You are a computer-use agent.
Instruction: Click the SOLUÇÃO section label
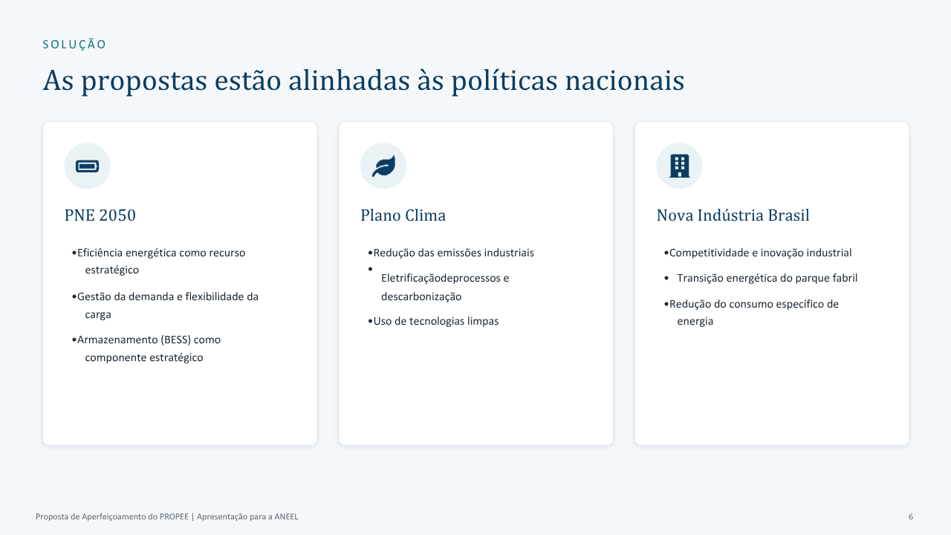coord(74,44)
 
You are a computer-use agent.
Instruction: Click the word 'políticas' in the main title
coord(504,81)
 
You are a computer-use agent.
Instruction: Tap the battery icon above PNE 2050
coord(88,166)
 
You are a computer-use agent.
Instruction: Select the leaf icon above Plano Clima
coord(383,166)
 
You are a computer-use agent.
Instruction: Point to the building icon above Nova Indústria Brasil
coord(679,166)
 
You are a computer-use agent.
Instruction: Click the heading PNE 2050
coord(100,215)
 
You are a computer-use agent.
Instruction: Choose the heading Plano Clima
coord(403,215)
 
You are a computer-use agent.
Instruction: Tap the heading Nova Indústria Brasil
coord(733,215)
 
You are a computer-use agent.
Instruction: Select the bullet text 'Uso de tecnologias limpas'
coord(436,321)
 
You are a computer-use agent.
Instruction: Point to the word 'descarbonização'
coord(421,296)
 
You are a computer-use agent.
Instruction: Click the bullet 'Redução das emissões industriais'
coord(453,253)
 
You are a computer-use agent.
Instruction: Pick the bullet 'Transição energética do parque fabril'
coord(767,278)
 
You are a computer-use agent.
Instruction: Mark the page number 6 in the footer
coord(911,516)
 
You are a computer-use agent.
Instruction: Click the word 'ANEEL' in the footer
coord(286,516)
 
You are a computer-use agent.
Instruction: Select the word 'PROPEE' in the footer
coord(174,516)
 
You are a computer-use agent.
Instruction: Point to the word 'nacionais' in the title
coord(625,81)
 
